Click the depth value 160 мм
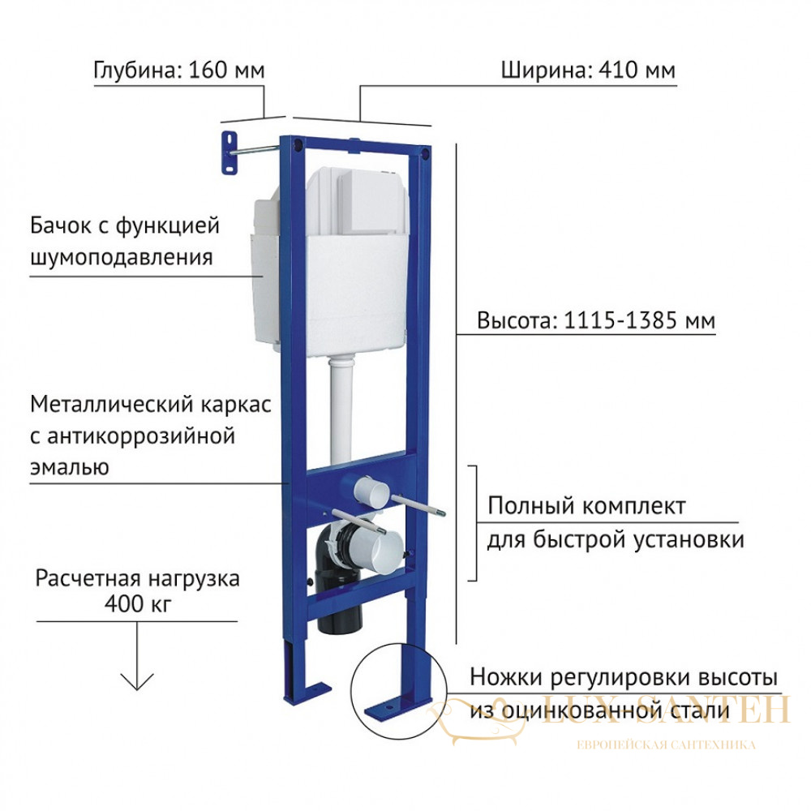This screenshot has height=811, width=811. pyautogui.click(x=226, y=71)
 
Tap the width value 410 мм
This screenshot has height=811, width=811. pyautogui.click(x=637, y=71)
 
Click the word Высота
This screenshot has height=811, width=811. pyautogui.click(x=517, y=320)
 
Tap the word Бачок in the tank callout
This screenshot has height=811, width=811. pyautogui.click(x=61, y=226)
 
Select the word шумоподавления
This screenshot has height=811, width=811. pyautogui.click(x=122, y=258)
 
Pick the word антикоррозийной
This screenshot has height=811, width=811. pyautogui.click(x=140, y=436)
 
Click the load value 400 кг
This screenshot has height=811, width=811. pyautogui.click(x=138, y=603)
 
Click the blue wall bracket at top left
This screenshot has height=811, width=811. pyautogui.click(x=230, y=153)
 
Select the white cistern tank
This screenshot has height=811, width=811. pyautogui.click(x=331, y=262)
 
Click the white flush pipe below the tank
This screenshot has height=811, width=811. pyautogui.click(x=341, y=409)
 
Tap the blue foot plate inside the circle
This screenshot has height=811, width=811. pyautogui.click(x=397, y=706)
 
